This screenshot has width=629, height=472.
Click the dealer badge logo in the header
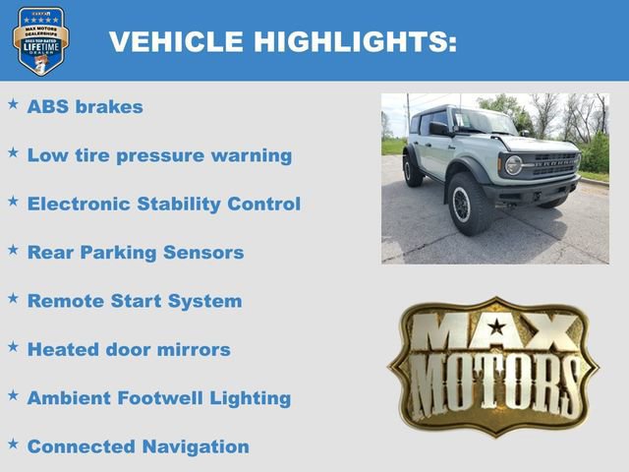(40, 40)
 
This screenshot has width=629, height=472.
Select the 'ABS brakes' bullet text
(85, 107)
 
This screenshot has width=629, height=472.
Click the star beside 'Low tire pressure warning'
(13, 152)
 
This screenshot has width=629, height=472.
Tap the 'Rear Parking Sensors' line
(135, 253)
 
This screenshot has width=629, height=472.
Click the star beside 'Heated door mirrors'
(13, 346)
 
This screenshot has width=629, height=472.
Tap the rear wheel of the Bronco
(413, 169)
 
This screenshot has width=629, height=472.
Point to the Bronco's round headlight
(513, 164)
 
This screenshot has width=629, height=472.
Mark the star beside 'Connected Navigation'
(13, 443)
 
